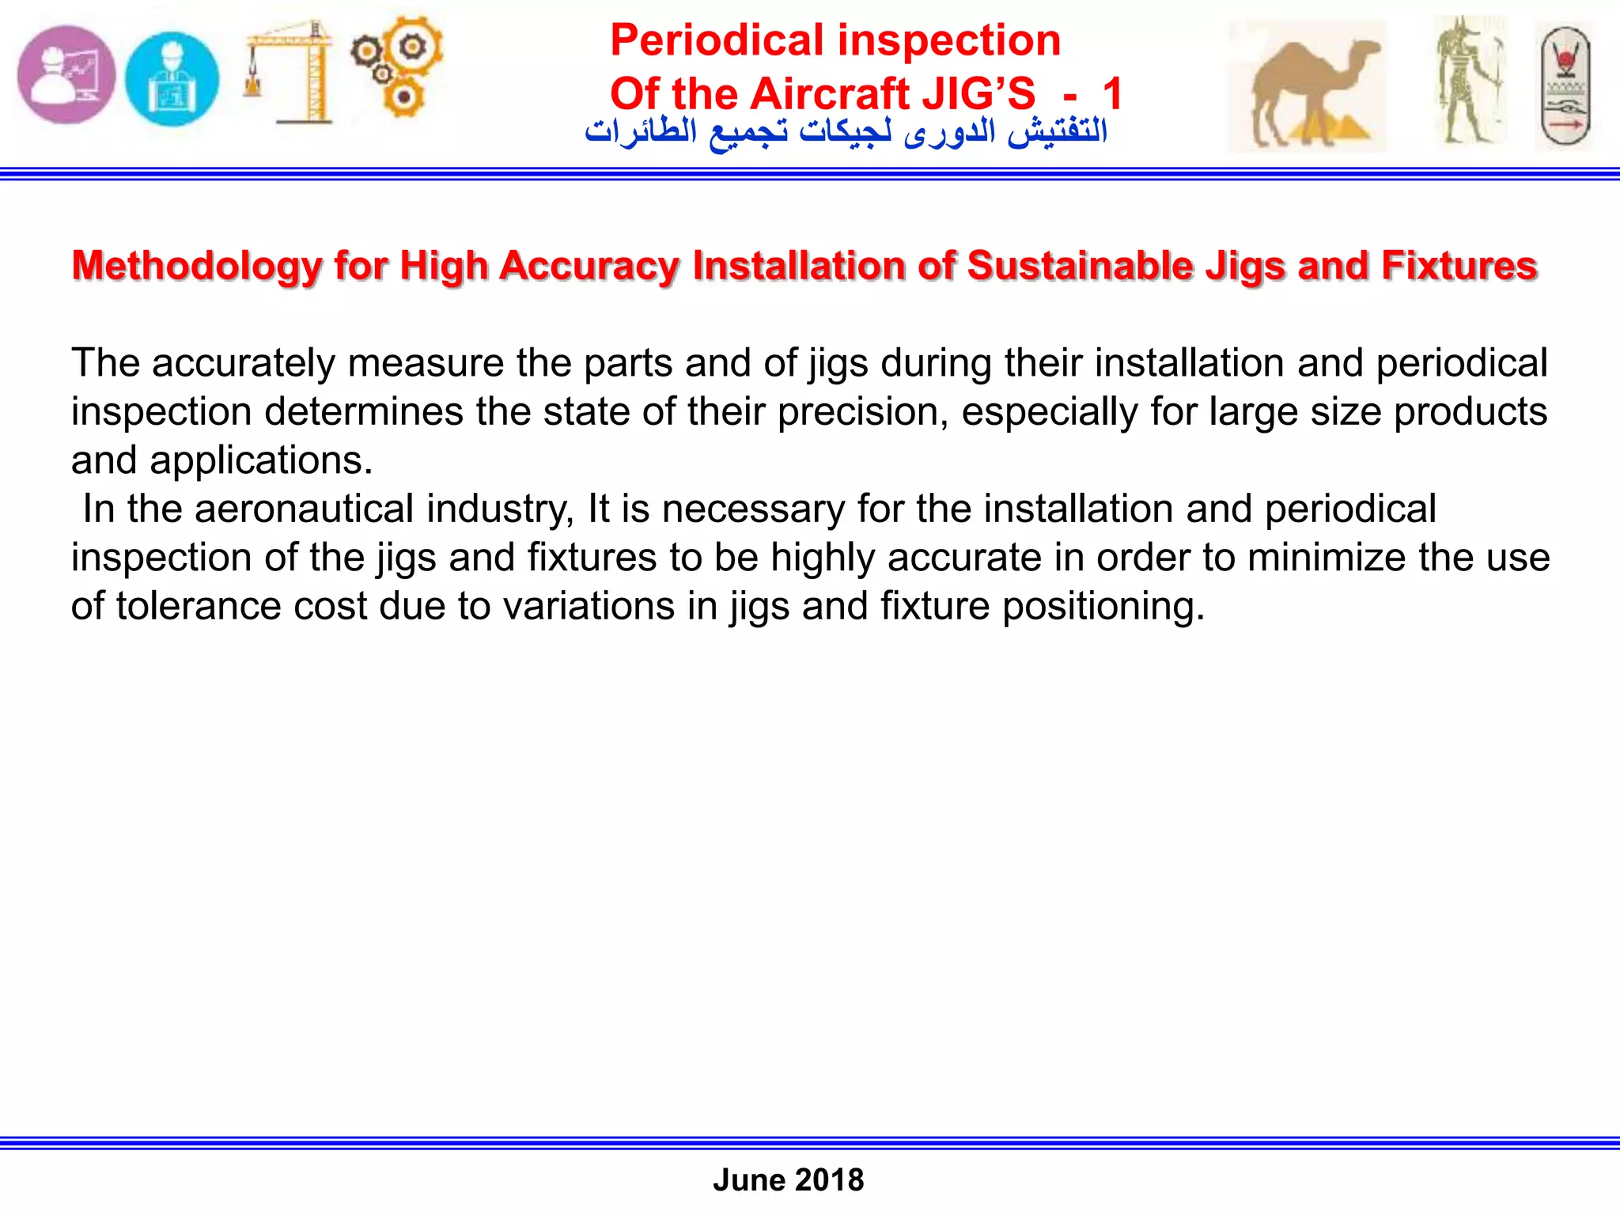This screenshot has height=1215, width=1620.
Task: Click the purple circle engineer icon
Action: pyautogui.click(x=66, y=75)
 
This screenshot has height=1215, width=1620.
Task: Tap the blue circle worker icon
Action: pyautogui.click(x=172, y=78)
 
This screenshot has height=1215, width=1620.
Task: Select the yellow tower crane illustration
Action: pyautogui.click(x=290, y=72)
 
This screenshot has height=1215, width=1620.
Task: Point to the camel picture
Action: pyautogui.click(x=1307, y=86)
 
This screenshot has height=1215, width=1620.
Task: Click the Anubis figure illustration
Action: pyautogui.click(x=1470, y=81)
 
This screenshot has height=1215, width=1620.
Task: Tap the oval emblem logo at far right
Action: pyautogui.click(x=1565, y=85)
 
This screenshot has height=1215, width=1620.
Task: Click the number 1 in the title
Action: pyautogui.click(x=1113, y=94)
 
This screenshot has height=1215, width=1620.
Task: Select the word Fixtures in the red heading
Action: pyautogui.click(x=1459, y=266)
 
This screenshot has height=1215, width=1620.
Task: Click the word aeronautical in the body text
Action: pyautogui.click(x=304, y=509)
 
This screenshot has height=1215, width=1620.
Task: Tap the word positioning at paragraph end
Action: pyautogui.click(x=1103, y=607)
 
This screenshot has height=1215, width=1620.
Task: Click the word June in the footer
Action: pyautogui.click(x=748, y=1180)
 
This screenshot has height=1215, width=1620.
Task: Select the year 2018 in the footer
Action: pyautogui.click(x=830, y=1180)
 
